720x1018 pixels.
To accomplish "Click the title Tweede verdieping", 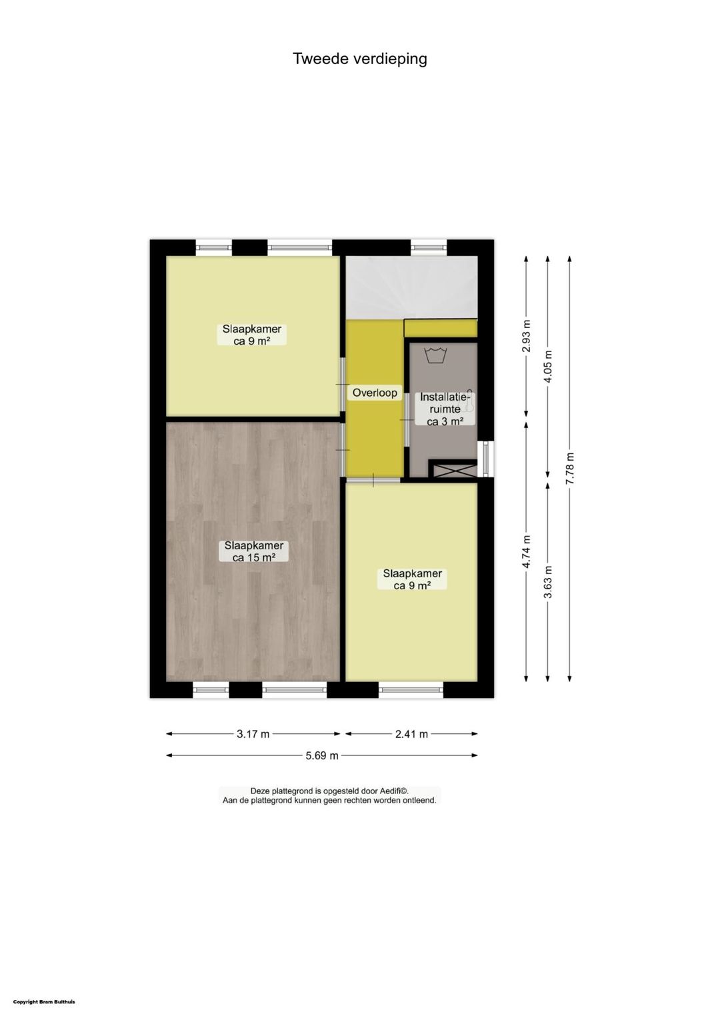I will click(x=360, y=59).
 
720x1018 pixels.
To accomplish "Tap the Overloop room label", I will click(x=375, y=393).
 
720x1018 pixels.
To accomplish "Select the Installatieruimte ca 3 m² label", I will click(x=445, y=409).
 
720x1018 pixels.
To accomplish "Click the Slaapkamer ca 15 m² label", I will click(x=253, y=551).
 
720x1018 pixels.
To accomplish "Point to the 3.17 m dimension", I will click(x=253, y=734).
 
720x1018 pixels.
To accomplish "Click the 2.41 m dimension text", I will click(x=411, y=734).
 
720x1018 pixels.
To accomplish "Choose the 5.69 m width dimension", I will click(x=322, y=755).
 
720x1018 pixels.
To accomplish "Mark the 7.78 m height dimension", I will click(x=570, y=469).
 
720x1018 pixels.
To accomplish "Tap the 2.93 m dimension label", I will click(x=527, y=337).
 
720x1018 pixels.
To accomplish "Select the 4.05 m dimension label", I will click(x=548, y=366).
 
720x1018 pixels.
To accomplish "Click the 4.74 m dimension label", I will click(x=527, y=552).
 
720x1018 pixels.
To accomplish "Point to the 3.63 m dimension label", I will click(x=548, y=581).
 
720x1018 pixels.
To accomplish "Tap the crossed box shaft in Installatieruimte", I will click(x=452, y=470).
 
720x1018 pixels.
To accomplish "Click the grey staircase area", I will click(x=411, y=287).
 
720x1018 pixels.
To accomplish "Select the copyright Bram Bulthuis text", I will click(x=44, y=1001).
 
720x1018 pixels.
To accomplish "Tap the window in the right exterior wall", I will click(x=486, y=459).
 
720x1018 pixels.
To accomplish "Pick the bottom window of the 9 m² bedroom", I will click(x=411, y=690).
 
